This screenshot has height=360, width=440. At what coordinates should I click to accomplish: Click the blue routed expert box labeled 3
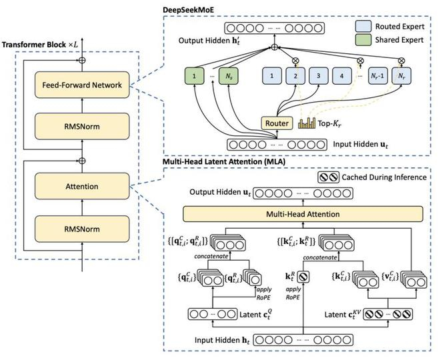click(319, 77)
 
